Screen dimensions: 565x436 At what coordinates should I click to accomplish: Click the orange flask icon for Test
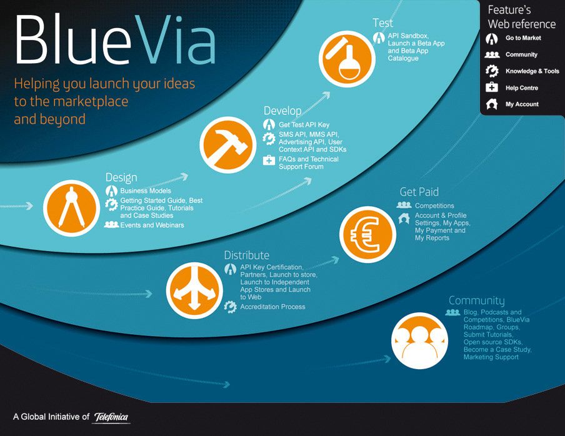click(x=347, y=59)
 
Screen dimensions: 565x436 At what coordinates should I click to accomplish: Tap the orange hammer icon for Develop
click(x=228, y=145)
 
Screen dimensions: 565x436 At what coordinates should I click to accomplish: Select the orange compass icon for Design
click(x=72, y=208)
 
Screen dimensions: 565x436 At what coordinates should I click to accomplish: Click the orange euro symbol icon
click(x=367, y=234)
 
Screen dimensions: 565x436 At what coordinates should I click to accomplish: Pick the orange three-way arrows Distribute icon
click(x=194, y=290)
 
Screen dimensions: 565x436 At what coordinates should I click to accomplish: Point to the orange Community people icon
click(x=420, y=340)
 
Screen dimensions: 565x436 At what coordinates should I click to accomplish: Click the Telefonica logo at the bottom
click(x=111, y=417)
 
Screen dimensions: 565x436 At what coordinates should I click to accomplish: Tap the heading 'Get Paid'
click(x=419, y=192)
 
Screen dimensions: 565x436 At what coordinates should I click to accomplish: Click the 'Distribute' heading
click(x=247, y=255)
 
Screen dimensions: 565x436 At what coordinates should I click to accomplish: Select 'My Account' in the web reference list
click(x=522, y=104)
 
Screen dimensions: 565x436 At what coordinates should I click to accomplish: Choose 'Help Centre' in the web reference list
click(x=522, y=88)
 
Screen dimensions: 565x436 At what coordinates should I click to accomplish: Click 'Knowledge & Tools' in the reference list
click(x=532, y=71)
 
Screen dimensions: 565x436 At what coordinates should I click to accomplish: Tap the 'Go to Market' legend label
click(x=523, y=38)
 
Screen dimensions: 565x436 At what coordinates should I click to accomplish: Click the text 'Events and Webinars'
click(x=152, y=225)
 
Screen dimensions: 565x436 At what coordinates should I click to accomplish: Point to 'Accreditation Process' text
click(x=272, y=307)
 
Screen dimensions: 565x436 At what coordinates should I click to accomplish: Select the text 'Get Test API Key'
click(x=304, y=125)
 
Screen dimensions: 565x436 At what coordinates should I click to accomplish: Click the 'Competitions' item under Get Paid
click(x=434, y=206)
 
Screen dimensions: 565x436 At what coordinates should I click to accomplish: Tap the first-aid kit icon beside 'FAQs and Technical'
click(x=269, y=160)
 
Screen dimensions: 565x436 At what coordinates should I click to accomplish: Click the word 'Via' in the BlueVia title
click(x=175, y=39)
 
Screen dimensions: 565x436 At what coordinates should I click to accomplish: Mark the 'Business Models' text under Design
click(x=146, y=191)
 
